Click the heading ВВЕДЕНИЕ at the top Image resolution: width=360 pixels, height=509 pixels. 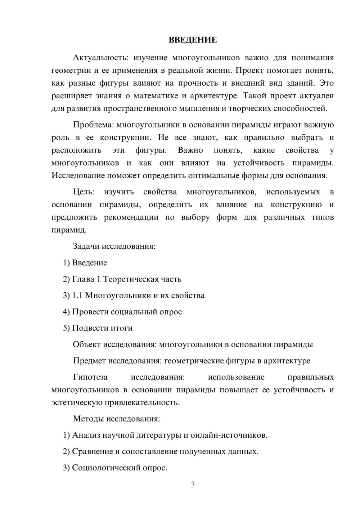193,40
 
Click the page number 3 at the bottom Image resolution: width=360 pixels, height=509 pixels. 193,485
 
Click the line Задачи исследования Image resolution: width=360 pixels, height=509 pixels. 114,246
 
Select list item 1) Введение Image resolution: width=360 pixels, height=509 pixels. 85,263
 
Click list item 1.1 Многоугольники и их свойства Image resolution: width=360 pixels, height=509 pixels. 134,296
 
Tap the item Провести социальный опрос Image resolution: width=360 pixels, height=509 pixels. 123,312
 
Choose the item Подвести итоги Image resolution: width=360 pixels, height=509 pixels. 98,328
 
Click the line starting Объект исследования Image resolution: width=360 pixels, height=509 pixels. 193,344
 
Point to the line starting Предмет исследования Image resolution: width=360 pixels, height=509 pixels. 191,361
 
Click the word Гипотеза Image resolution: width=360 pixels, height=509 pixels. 90,377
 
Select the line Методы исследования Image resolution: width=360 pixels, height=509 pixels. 116,419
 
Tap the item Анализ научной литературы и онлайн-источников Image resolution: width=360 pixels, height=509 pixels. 165,435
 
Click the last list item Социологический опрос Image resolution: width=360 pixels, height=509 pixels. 115,468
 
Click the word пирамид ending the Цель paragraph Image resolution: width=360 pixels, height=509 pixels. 68,230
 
